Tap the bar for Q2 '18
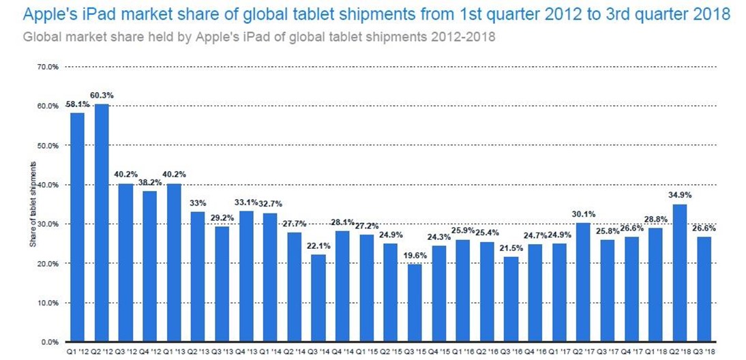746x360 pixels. [679, 273]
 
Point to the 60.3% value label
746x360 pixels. [101, 95]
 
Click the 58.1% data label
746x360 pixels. [76, 105]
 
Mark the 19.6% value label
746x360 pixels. [414, 256]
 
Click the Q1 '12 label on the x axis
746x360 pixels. [77, 352]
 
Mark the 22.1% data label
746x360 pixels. [318, 246]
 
